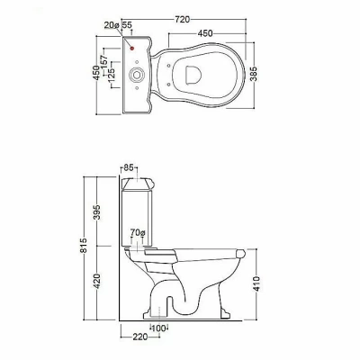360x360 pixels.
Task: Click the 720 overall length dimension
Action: point(183,19)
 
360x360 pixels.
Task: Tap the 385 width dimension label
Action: point(254,74)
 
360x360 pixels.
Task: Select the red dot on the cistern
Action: point(131,48)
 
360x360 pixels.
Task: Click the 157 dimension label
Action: point(103,62)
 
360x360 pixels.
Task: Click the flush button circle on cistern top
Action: point(137,75)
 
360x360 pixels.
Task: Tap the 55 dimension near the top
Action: point(127,25)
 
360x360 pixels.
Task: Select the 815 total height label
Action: point(84,245)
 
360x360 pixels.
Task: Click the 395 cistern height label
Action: point(97,212)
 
